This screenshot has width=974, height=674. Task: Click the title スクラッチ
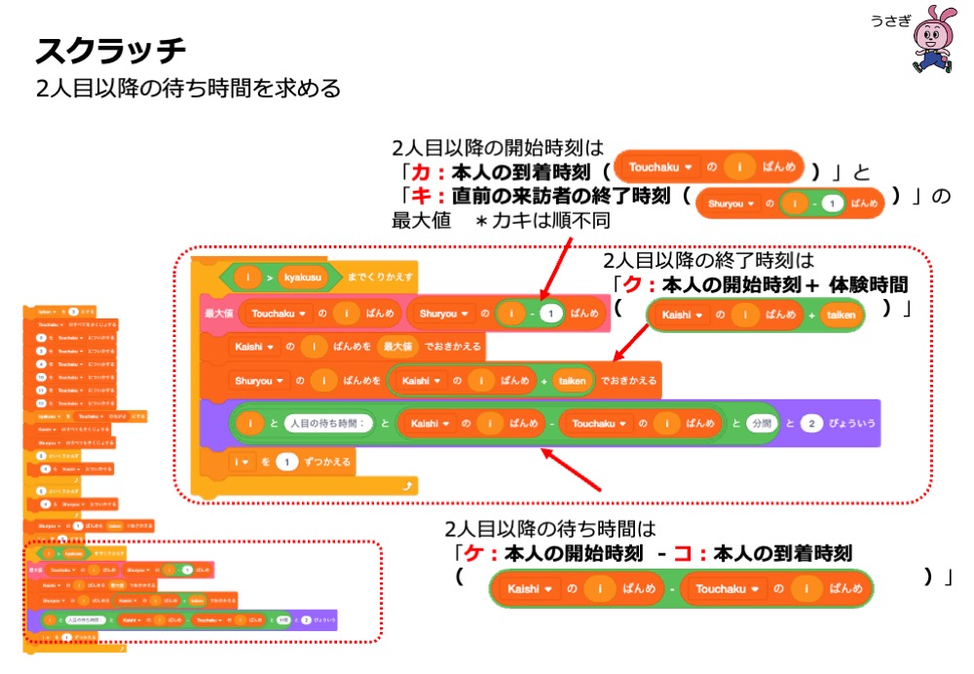(110, 50)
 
